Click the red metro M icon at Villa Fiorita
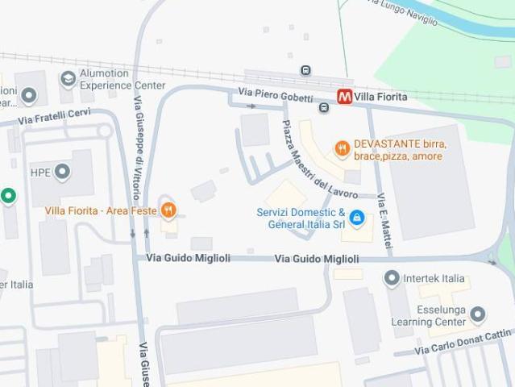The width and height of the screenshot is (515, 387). coord(344,97)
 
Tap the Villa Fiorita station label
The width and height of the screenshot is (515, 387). coord(380,97)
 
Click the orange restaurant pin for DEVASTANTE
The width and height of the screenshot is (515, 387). coord(343,148)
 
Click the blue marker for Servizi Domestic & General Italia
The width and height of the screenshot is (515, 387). coord(356,217)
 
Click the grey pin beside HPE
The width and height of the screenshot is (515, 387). coord(62,172)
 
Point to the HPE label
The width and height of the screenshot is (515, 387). coord(40,172)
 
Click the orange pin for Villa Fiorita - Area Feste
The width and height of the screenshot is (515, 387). coord(168,210)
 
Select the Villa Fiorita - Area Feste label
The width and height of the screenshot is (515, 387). coord(100,210)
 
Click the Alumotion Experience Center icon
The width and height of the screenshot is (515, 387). coord(69,78)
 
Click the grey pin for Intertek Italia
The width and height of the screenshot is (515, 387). coord(392,279)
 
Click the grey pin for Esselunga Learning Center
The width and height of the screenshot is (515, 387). coord(478,314)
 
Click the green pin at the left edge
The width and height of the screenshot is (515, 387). coord(8,196)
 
